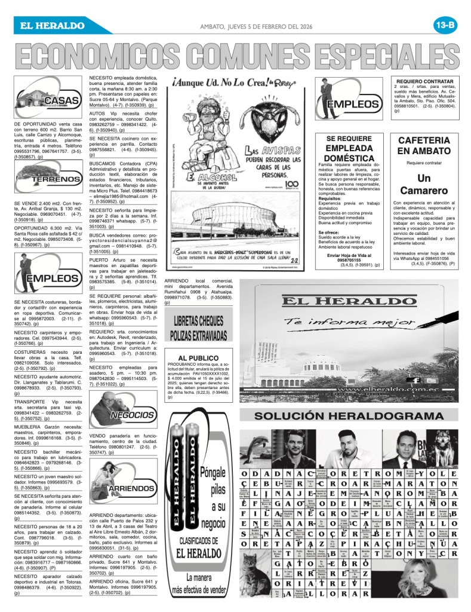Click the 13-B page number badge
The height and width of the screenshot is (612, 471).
pyautogui.click(x=445, y=25)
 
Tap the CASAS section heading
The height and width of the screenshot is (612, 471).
pyautogui.click(x=59, y=100)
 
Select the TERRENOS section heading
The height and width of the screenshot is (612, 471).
pyautogui.click(x=56, y=179)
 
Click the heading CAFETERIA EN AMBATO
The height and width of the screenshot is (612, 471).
pyautogui.click(x=424, y=145)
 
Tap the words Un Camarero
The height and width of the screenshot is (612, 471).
pyautogui.click(x=424, y=184)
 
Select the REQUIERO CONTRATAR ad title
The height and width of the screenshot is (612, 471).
pyautogui.click(x=424, y=81)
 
